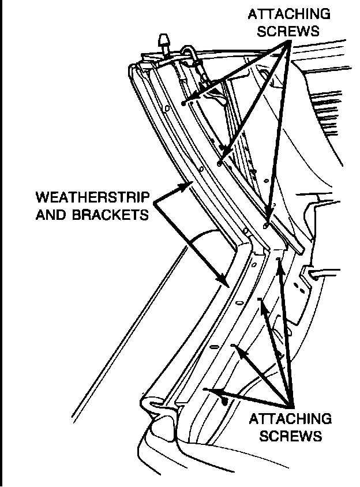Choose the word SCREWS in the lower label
tap(290, 435)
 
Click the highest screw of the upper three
tap(183, 103)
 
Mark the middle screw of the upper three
tap(220, 163)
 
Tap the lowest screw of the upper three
tap(265, 224)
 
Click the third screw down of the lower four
tap(233, 346)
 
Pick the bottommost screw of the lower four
tap(206, 390)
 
